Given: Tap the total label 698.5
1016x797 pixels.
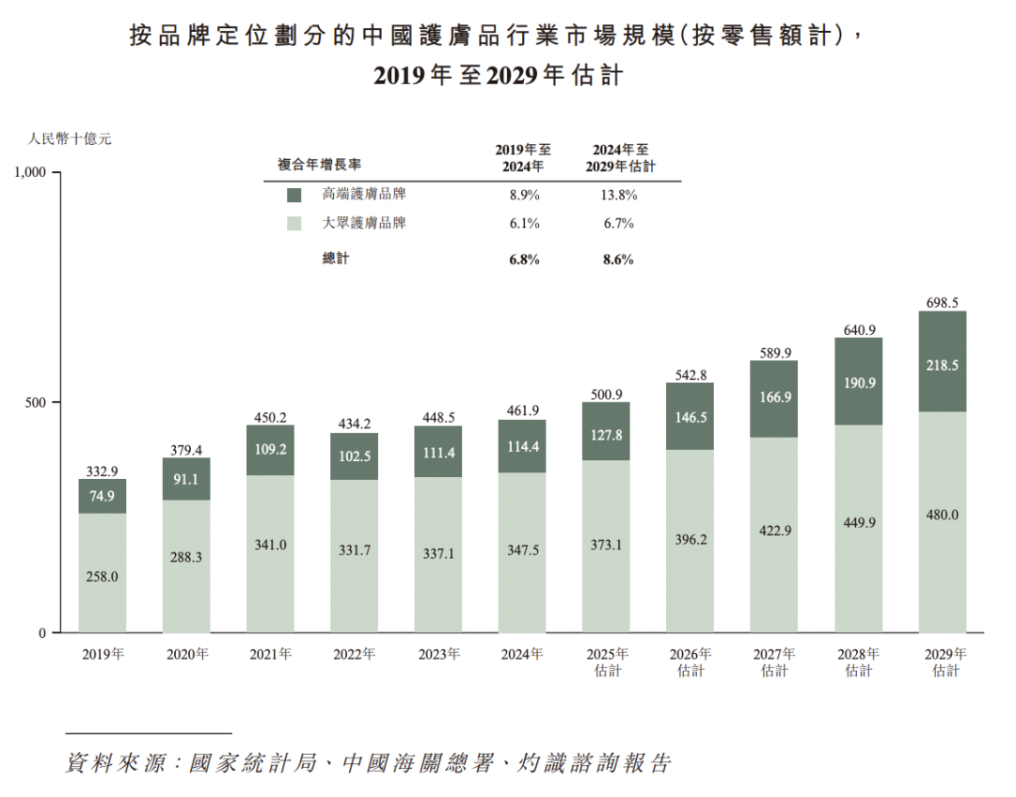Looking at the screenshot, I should point(942,303).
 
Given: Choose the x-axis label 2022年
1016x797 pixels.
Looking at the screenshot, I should point(355,653).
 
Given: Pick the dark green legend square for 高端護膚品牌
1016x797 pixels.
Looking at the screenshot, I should point(294,195).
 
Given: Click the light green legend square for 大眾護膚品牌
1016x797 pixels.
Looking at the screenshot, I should point(294,224).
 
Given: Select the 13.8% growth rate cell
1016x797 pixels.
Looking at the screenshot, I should point(619,195).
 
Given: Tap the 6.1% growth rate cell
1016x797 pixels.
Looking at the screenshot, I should point(523,224).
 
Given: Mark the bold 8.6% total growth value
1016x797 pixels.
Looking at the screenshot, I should point(618,259).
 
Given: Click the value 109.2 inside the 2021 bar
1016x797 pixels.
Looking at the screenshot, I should point(270,450).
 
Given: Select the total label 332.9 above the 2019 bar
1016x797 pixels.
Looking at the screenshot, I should point(102,470).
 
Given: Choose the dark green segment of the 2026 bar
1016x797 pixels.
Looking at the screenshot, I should point(690,416).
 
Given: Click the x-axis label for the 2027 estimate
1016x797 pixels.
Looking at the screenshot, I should point(774,662).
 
